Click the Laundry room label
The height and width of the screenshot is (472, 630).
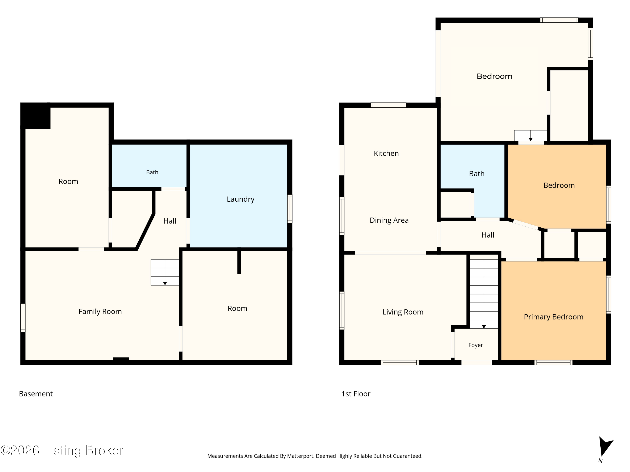point(240,199)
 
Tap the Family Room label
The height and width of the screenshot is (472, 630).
point(100,312)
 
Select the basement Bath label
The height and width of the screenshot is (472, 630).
point(152,172)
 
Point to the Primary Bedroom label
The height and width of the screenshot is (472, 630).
point(553,317)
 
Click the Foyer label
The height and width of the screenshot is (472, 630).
point(476,345)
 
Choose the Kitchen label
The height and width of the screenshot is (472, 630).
point(386,153)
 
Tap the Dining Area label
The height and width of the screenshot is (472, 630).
point(389,220)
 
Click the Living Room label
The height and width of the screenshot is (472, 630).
point(403,312)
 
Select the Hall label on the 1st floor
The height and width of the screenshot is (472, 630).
point(488,235)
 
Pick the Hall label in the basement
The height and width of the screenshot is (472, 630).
point(170,221)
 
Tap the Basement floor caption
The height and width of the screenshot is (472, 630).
point(36,394)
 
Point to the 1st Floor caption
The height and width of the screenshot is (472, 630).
point(356,394)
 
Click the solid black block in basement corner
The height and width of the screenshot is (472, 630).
point(36,116)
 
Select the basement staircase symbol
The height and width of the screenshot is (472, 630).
point(165,272)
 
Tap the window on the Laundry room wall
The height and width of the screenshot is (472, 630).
point(290,209)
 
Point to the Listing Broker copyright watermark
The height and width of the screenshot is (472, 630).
point(62,451)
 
